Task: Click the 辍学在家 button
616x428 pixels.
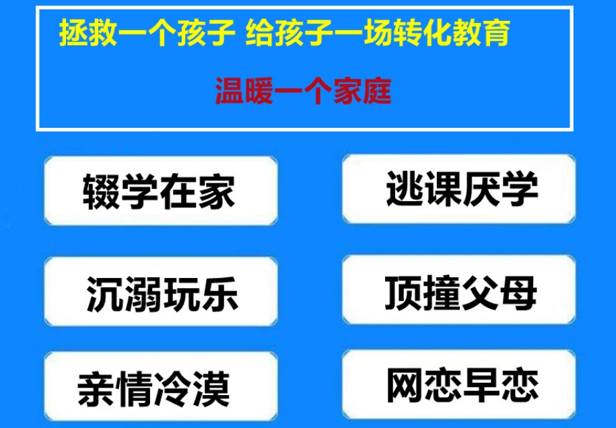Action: coord(160,190)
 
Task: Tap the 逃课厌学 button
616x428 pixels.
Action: coord(460,188)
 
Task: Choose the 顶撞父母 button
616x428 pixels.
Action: coord(460,293)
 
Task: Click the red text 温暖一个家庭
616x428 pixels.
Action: coord(303,90)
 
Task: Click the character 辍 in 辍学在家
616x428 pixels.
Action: coord(102,191)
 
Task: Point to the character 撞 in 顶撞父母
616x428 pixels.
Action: coord(442,293)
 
